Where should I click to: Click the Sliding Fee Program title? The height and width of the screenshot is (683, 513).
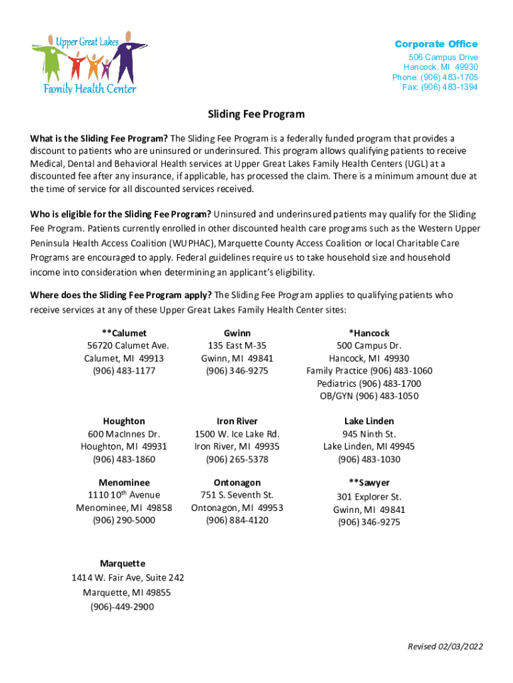(256, 114)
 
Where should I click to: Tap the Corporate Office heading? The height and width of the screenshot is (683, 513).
(436, 44)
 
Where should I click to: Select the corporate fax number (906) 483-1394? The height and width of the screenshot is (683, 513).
(440, 87)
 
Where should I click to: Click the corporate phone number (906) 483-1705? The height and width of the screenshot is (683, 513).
(435, 77)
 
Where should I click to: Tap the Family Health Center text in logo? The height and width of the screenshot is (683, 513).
(90, 89)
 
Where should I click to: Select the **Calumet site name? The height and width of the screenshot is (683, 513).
(124, 333)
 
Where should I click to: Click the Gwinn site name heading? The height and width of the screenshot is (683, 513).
(237, 333)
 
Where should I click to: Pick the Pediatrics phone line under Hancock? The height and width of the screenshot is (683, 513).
(369, 384)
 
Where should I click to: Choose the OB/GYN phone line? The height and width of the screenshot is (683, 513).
(369, 396)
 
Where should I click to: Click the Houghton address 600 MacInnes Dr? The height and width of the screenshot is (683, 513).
(124, 434)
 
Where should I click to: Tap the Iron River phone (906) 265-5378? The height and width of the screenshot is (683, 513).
(237, 460)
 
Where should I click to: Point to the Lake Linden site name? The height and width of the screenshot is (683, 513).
(369, 421)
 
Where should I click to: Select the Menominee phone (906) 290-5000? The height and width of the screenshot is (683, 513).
(124, 520)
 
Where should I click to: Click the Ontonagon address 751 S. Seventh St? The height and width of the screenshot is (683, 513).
(237, 495)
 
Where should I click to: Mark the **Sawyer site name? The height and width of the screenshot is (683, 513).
(369, 482)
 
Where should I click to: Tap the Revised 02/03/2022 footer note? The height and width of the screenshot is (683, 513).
(446, 646)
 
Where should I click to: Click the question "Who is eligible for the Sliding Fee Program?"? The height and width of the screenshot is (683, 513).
(121, 214)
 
